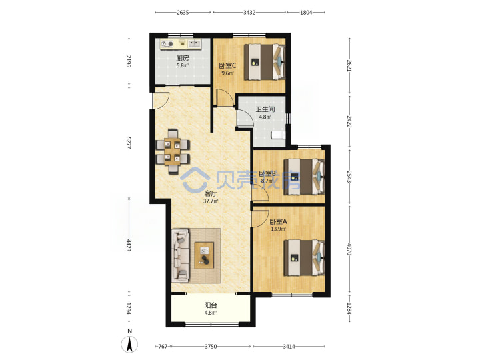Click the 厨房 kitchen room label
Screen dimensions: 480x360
183,58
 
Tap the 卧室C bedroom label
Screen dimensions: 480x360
227,65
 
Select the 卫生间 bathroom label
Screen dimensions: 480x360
265,109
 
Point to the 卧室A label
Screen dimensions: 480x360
278,221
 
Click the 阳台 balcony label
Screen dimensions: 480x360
211,305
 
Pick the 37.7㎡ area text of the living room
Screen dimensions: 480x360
211,201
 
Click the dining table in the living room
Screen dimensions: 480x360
173,152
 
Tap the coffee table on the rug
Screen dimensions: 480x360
204,255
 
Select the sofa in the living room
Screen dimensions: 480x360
181,256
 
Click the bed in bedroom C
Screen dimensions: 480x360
265,62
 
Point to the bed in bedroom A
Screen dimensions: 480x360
304,258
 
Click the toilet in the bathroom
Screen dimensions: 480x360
278,135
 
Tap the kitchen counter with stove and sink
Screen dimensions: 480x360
181,45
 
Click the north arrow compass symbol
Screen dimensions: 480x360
130,344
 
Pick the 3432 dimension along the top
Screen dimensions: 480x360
249,13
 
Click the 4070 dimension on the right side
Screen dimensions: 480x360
349,249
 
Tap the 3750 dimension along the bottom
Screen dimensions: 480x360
211,346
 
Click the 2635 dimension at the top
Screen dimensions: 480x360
183,13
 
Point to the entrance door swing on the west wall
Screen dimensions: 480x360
161,101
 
